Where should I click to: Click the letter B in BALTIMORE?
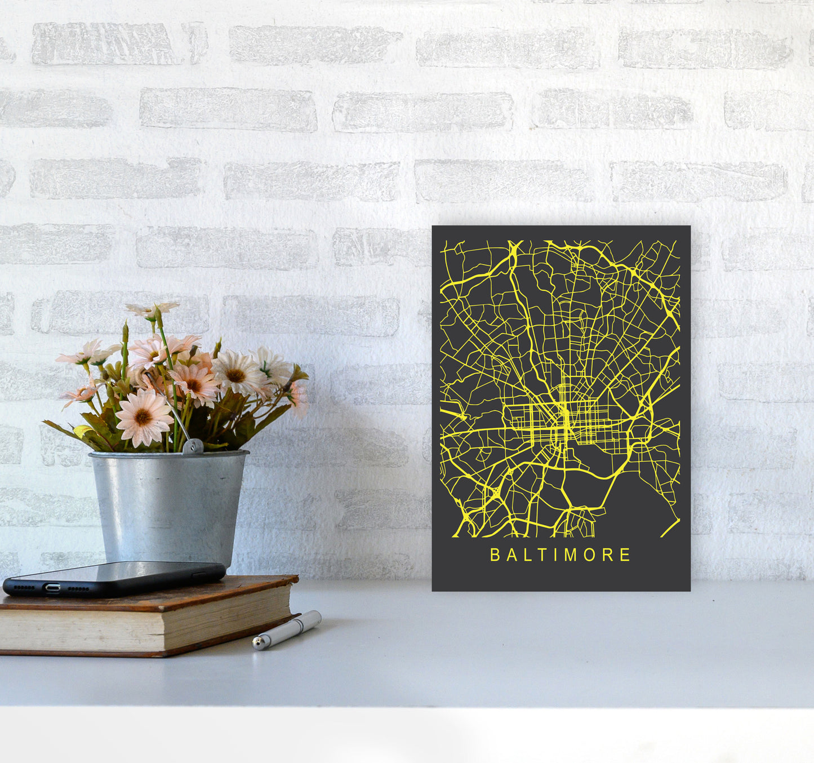click(495, 555)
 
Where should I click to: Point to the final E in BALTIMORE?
click(625, 555)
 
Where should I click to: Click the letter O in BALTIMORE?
click(589, 555)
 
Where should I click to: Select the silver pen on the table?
click(287, 629)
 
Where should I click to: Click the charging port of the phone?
click(53, 588)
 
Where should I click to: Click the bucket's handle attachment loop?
click(193, 446)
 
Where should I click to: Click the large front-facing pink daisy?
click(144, 418)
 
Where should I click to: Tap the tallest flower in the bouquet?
click(153, 309)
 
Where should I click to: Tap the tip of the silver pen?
click(257, 643)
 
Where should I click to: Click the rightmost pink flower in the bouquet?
click(299, 397)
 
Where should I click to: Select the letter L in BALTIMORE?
click(525, 555)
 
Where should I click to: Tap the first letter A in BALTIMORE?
click(509, 555)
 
